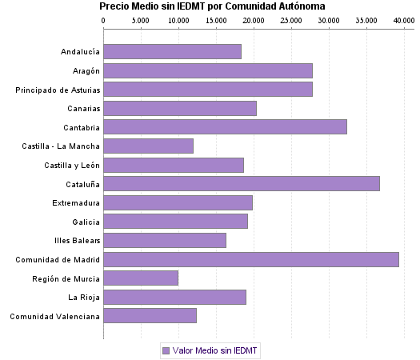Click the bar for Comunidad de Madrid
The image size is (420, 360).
click(251, 259)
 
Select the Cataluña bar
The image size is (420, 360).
click(242, 183)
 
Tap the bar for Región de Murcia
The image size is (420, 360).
click(141, 278)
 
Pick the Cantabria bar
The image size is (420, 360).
click(225, 126)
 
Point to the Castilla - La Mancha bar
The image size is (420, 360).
click(148, 146)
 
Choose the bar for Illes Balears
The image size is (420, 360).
click(165, 240)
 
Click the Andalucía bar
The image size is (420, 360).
click(172, 51)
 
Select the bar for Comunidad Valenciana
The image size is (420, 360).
click(150, 316)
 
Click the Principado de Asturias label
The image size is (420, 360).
click(58, 90)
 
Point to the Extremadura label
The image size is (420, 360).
click(76, 202)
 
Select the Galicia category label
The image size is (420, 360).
click(85, 222)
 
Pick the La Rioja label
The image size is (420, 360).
click(83, 298)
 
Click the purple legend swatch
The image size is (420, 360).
click(166, 350)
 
